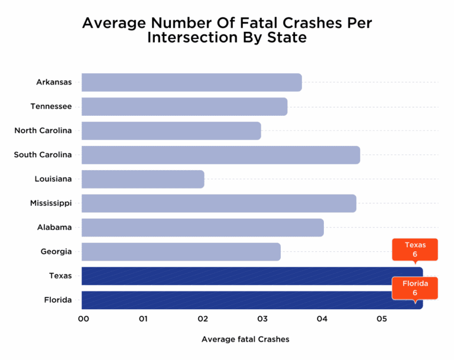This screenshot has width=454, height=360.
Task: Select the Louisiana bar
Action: pyautogui.click(x=142, y=179)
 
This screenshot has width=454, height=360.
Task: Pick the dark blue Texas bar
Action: pyautogui.click(x=236, y=276)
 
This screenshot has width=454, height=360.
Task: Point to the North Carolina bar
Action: pyautogui.click(x=171, y=131)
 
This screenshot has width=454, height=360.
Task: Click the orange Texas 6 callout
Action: pyautogui.click(x=415, y=249)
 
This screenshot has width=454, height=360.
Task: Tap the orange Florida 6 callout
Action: pyautogui.click(x=415, y=288)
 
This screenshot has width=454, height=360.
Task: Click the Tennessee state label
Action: pyautogui.click(x=51, y=106)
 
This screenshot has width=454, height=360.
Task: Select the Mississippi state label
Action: pyautogui.click(x=51, y=203)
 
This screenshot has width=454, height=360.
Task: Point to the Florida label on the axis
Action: pyautogui.click(x=57, y=300)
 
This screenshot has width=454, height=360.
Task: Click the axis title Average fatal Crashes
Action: pyautogui.click(x=245, y=339)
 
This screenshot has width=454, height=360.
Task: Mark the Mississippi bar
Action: pyautogui.click(x=219, y=203)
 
